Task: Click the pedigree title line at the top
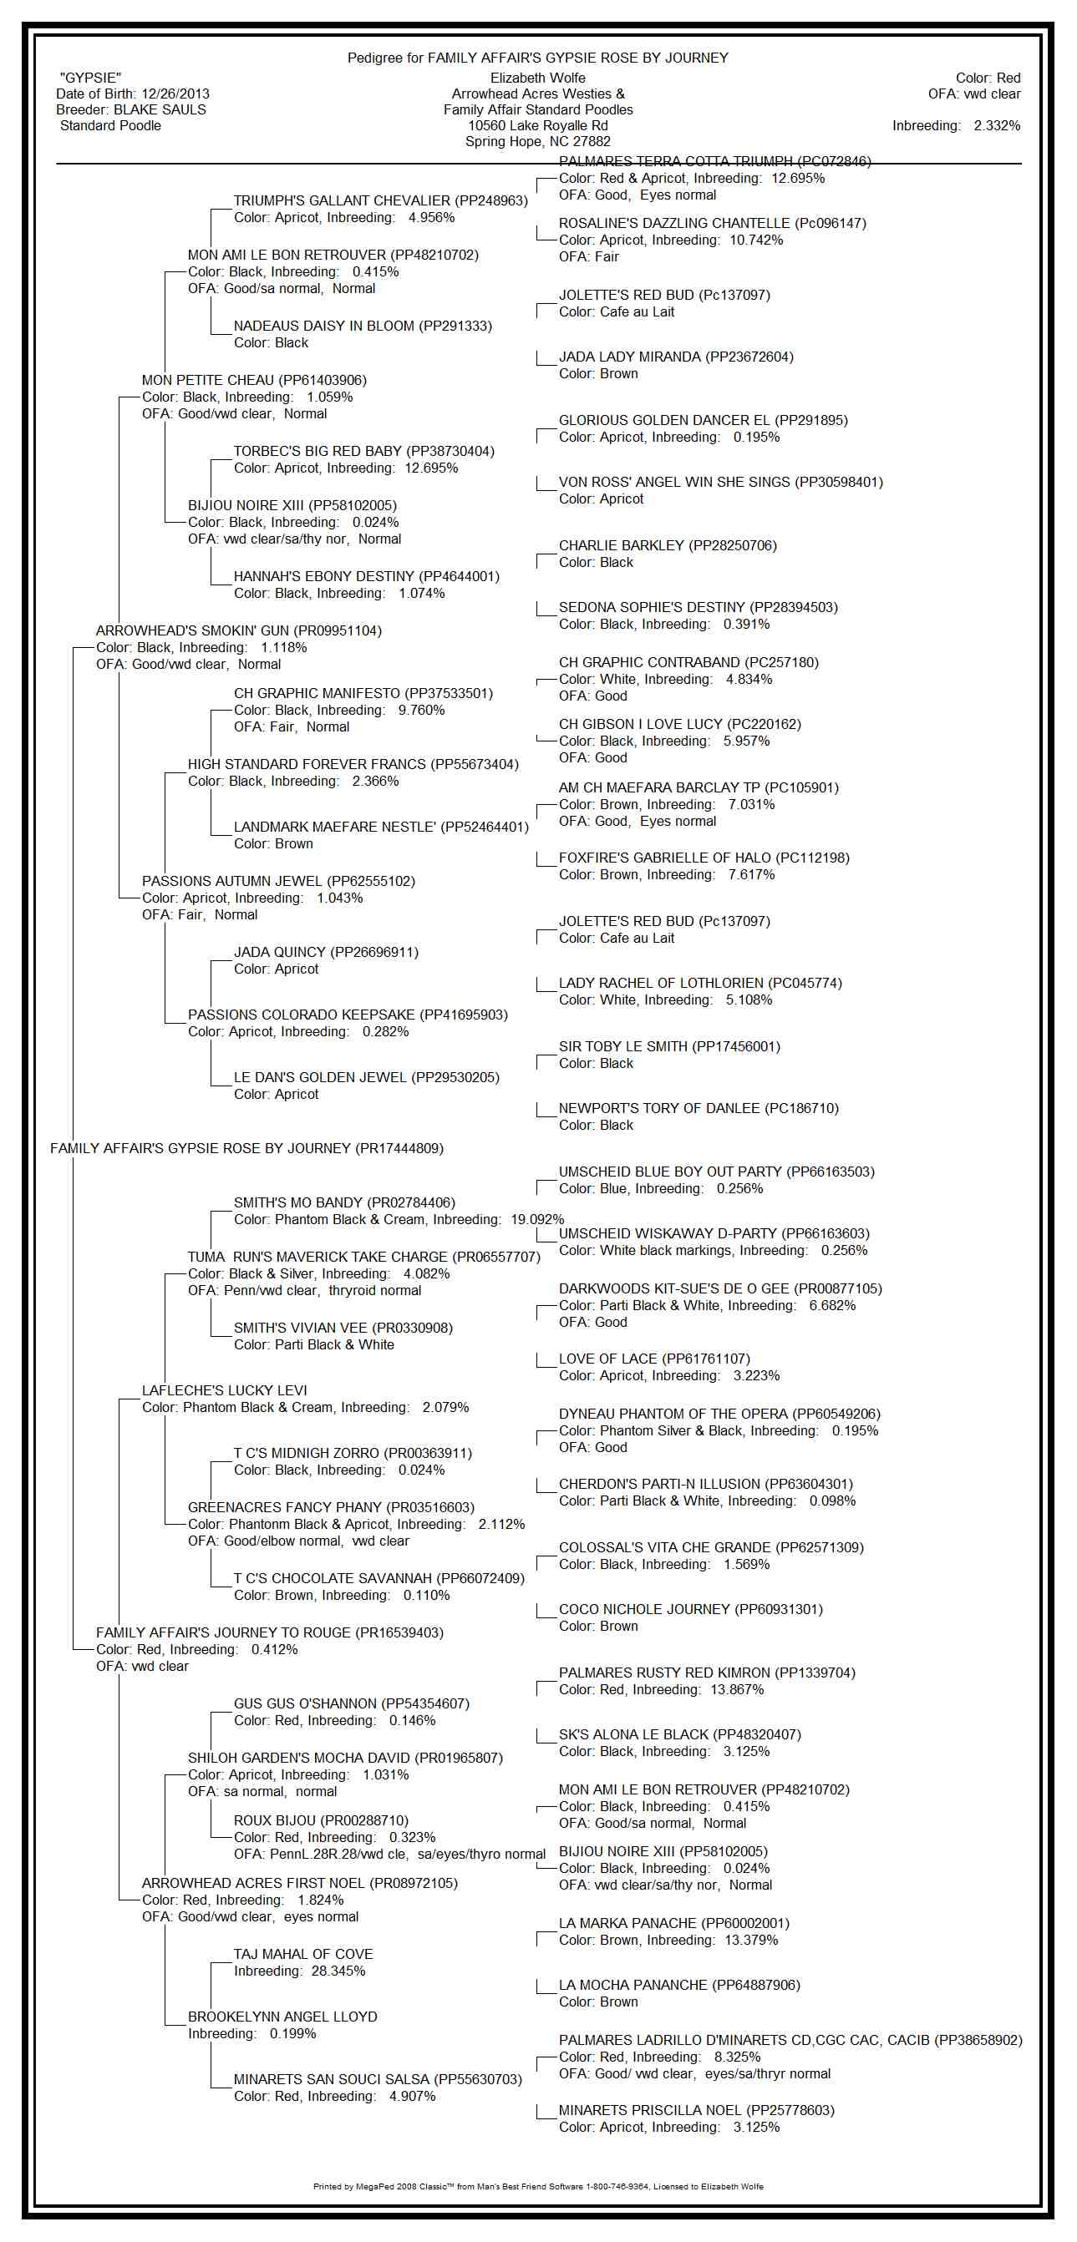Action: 537,58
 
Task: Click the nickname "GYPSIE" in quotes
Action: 90,78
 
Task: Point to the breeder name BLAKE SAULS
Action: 160,109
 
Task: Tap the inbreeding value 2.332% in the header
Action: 996,126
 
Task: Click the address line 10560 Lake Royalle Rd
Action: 537,126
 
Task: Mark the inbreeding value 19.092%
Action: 537,1220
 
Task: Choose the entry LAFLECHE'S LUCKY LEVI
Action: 225,1391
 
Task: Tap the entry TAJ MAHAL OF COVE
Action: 303,1955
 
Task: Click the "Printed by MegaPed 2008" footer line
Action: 537,2186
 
